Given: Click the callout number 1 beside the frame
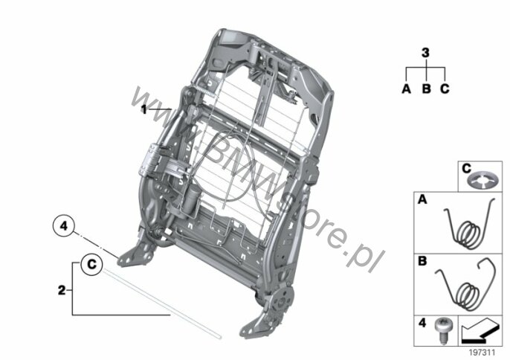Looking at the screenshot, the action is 143,109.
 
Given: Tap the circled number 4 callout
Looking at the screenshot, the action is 64,226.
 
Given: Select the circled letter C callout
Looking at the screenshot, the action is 91,263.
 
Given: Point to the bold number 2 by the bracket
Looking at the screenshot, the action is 62,290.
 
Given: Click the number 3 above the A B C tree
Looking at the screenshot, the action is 425,53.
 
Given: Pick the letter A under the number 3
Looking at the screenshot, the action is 406,89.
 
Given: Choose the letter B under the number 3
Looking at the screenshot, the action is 426,89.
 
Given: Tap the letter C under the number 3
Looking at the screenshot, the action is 445,89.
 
